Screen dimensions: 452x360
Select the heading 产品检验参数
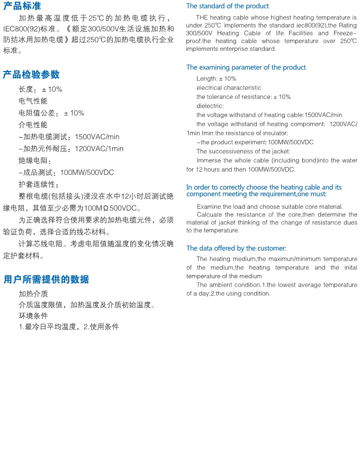point(31,74)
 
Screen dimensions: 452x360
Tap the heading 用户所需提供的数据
point(46,279)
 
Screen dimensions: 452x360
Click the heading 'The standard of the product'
point(228,6)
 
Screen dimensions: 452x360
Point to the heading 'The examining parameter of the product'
point(246,67)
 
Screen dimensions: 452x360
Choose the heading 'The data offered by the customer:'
point(236,248)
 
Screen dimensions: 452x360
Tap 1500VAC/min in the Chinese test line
point(97,137)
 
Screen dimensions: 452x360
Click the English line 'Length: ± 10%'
point(217,78)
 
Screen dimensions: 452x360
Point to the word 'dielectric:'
point(210,106)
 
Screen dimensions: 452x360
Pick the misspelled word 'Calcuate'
point(209,215)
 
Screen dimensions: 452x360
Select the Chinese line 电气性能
point(33,101)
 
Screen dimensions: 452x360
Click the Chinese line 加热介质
point(33,294)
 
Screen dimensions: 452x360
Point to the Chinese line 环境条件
point(33,316)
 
